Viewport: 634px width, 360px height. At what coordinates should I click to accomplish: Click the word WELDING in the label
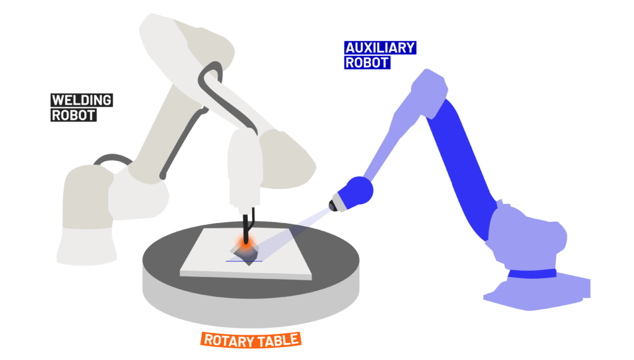pos(81,100)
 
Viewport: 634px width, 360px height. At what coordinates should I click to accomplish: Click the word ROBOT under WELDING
pos(73,115)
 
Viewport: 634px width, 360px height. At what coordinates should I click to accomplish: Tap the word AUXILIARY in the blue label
pos(379,48)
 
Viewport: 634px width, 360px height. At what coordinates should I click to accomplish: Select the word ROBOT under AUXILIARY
pos(367,62)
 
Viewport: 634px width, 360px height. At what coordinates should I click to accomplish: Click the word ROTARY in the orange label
pos(225,340)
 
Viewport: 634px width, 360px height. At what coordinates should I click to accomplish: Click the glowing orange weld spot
pos(246,244)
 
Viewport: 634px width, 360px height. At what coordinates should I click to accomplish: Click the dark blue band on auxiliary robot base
pos(532,273)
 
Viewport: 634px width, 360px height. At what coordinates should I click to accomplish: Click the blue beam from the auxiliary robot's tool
pos(313,217)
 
